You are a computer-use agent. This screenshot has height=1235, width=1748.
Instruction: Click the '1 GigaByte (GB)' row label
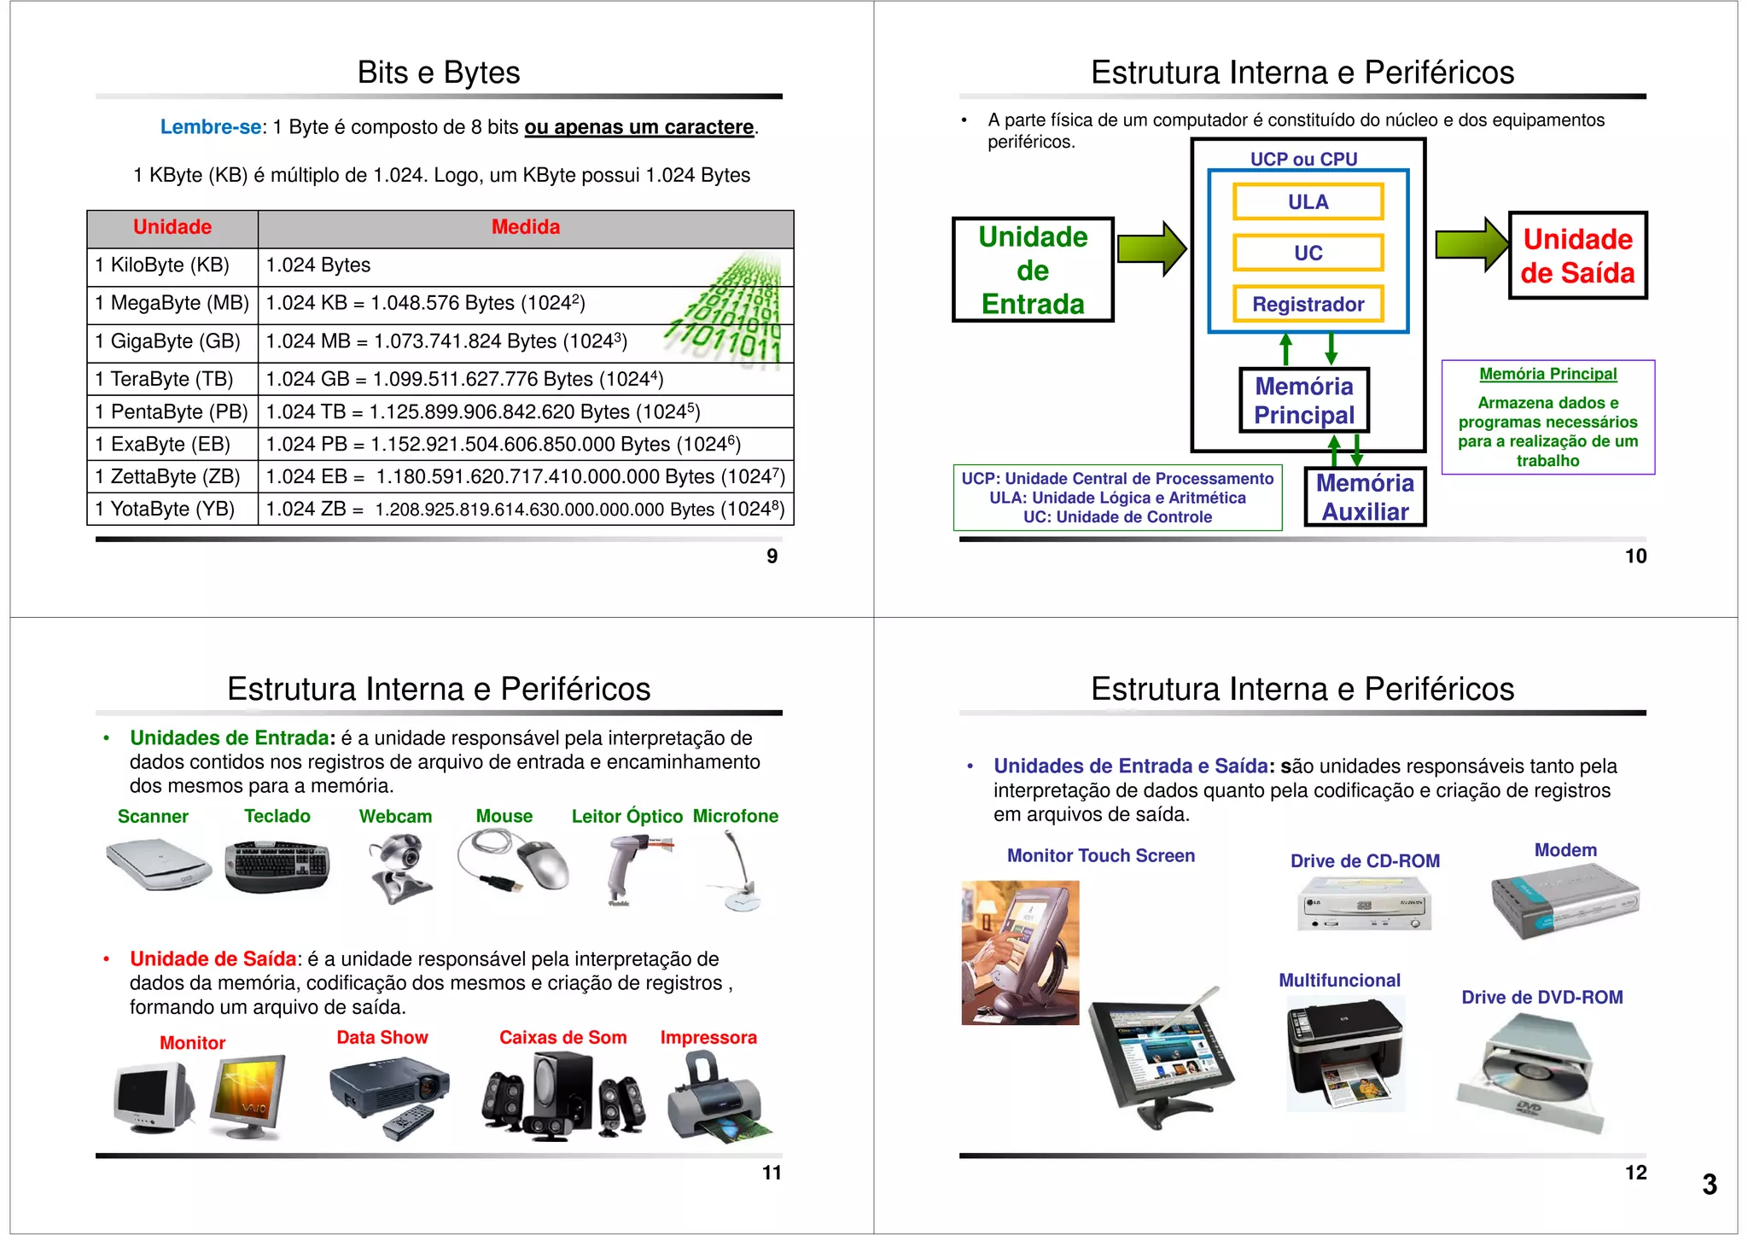coord(167,341)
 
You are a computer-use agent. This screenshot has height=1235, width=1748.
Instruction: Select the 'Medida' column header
coord(526,227)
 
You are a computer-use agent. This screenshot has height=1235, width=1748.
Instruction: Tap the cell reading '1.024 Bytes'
coord(318,265)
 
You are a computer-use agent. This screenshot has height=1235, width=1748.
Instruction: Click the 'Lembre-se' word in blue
coord(211,127)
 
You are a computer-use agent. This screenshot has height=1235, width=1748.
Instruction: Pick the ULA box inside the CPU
coord(1308,202)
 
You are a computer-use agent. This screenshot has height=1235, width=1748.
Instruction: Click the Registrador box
coord(1308,304)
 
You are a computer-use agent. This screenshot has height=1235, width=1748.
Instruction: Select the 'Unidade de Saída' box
coord(1577,256)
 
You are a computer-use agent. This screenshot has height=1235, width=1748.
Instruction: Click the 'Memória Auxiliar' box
coord(1365,497)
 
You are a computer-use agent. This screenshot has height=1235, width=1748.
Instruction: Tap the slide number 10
coord(1635,556)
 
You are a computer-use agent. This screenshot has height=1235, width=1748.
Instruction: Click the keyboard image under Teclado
coord(277,865)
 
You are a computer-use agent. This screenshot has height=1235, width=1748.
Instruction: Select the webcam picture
coord(399,868)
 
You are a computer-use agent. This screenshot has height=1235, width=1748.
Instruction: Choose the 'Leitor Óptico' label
coord(626,817)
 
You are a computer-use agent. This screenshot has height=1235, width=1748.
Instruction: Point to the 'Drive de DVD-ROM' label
coord(1541,998)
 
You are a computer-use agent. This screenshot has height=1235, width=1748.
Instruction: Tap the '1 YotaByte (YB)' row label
coord(165,510)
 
